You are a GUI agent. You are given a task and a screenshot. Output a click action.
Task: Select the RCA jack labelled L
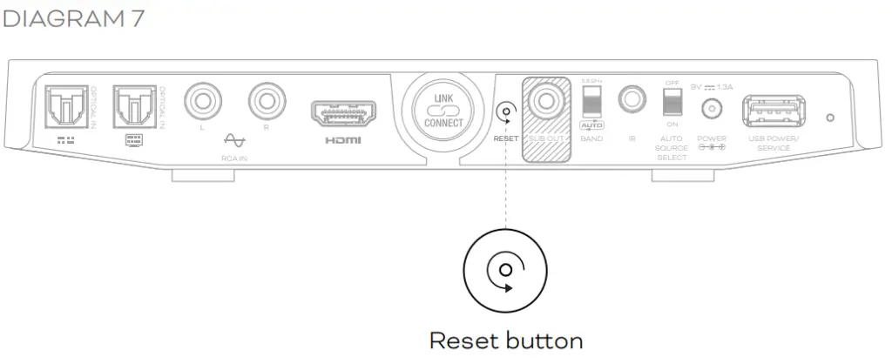coord(201,101)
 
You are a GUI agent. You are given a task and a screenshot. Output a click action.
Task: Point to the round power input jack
coord(713,110)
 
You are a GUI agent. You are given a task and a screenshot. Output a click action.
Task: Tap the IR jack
coord(632,100)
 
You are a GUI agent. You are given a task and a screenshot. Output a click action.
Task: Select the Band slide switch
coord(591,100)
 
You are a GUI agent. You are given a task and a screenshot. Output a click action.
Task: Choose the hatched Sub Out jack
coord(545,101)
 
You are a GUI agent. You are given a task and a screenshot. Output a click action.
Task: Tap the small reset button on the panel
coord(505,112)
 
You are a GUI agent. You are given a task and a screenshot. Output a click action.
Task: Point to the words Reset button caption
coord(505,339)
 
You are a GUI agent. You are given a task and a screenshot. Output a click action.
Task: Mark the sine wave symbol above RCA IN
coord(233,138)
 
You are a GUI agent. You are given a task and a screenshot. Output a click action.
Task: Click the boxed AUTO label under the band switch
coord(591,126)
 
